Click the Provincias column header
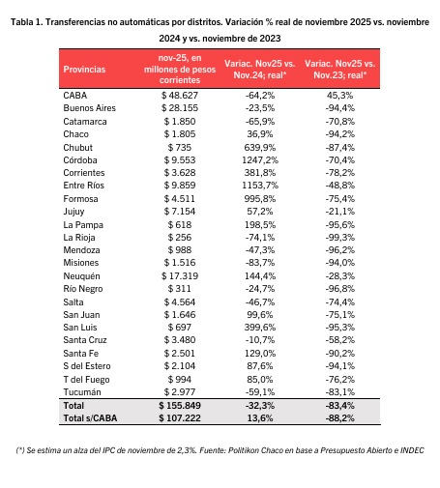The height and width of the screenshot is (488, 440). pyautogui.click(x=84, y=70)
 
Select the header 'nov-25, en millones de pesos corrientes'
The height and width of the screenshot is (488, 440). pyautogui.click(x=180, y=69)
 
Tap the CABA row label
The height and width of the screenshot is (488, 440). pyautogui.click(x=75, y=96)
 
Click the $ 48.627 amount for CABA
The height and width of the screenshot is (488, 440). pyautogui.click(x=180, y=96)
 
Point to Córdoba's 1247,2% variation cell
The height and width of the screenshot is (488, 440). pyautogui.click(x=260, y=160)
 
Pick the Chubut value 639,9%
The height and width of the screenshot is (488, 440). pyautogui.click(x=260, y=148)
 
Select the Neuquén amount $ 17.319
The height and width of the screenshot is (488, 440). pyautogui.click(x=180, y=276)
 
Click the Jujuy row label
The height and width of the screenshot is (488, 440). pyautogui.click(x=73, y=212)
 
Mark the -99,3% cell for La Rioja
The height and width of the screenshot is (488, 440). pyautogui.click(x=340, y=238)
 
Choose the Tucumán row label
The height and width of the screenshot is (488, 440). pyautogui.click(x=82, y=392)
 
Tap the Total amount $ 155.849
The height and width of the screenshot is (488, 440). pyautogui.click(x=180, y=405)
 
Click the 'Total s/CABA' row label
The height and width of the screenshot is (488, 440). pyautogui.click(x=90, y=418)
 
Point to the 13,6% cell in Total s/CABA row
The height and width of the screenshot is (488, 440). pyautogui.click(x=260, y=418)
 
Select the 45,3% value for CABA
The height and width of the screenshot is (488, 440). pyautogui.click(x=340, y=96)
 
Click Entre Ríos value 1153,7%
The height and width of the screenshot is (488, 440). pyautogui.click(x=260, y=186)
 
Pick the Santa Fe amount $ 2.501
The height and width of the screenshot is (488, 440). pyautogui.click(x=180, y=354)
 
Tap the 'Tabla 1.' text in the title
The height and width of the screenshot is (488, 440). pyautogui.click(x=27, y=22)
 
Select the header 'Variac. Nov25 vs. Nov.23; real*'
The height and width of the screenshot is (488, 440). pyautogui.click(x=340, y=70)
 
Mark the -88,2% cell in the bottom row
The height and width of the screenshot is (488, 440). pyautogui.click(x=340, y=418)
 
